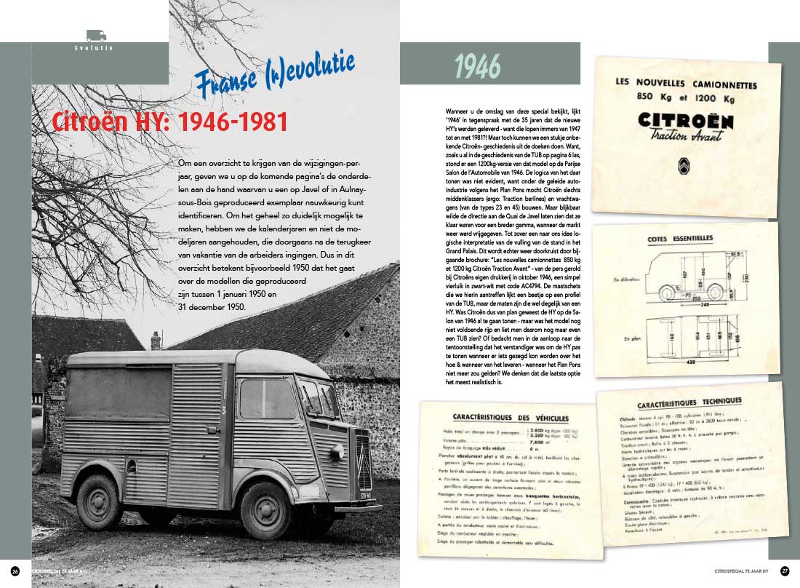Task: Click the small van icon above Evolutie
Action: [96, 34]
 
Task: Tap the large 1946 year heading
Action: [477, 67]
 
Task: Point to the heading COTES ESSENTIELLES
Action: [679, 239]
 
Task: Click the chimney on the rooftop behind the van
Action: [156, 339]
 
